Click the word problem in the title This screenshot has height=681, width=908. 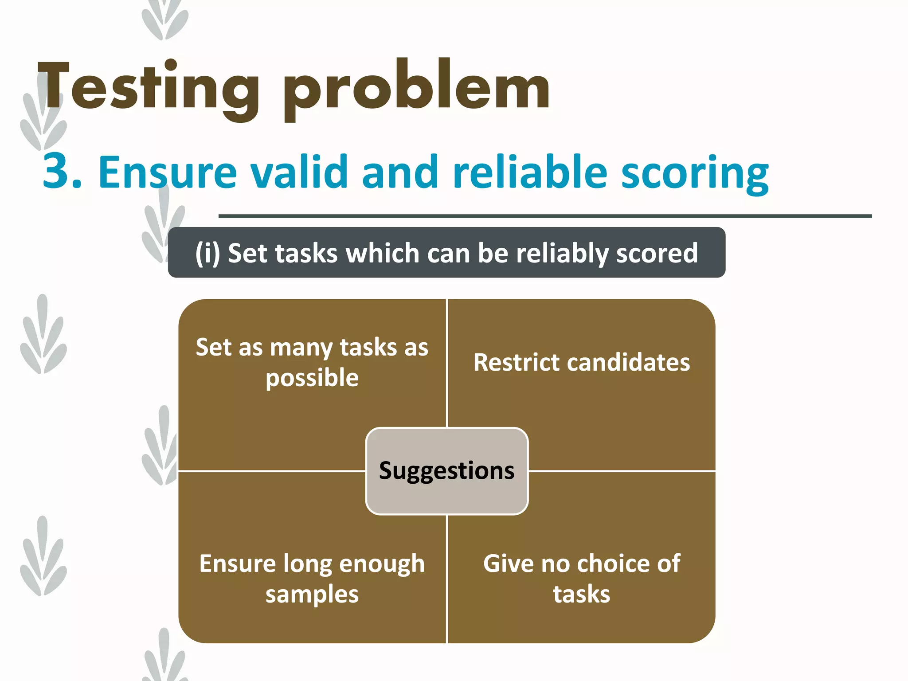click(x=417, y=89)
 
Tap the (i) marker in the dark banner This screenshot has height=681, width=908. click(x=207, y=253)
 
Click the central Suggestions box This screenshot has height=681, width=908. click(x=446, y=470)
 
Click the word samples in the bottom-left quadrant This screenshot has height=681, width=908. click(x=312, y=595)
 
